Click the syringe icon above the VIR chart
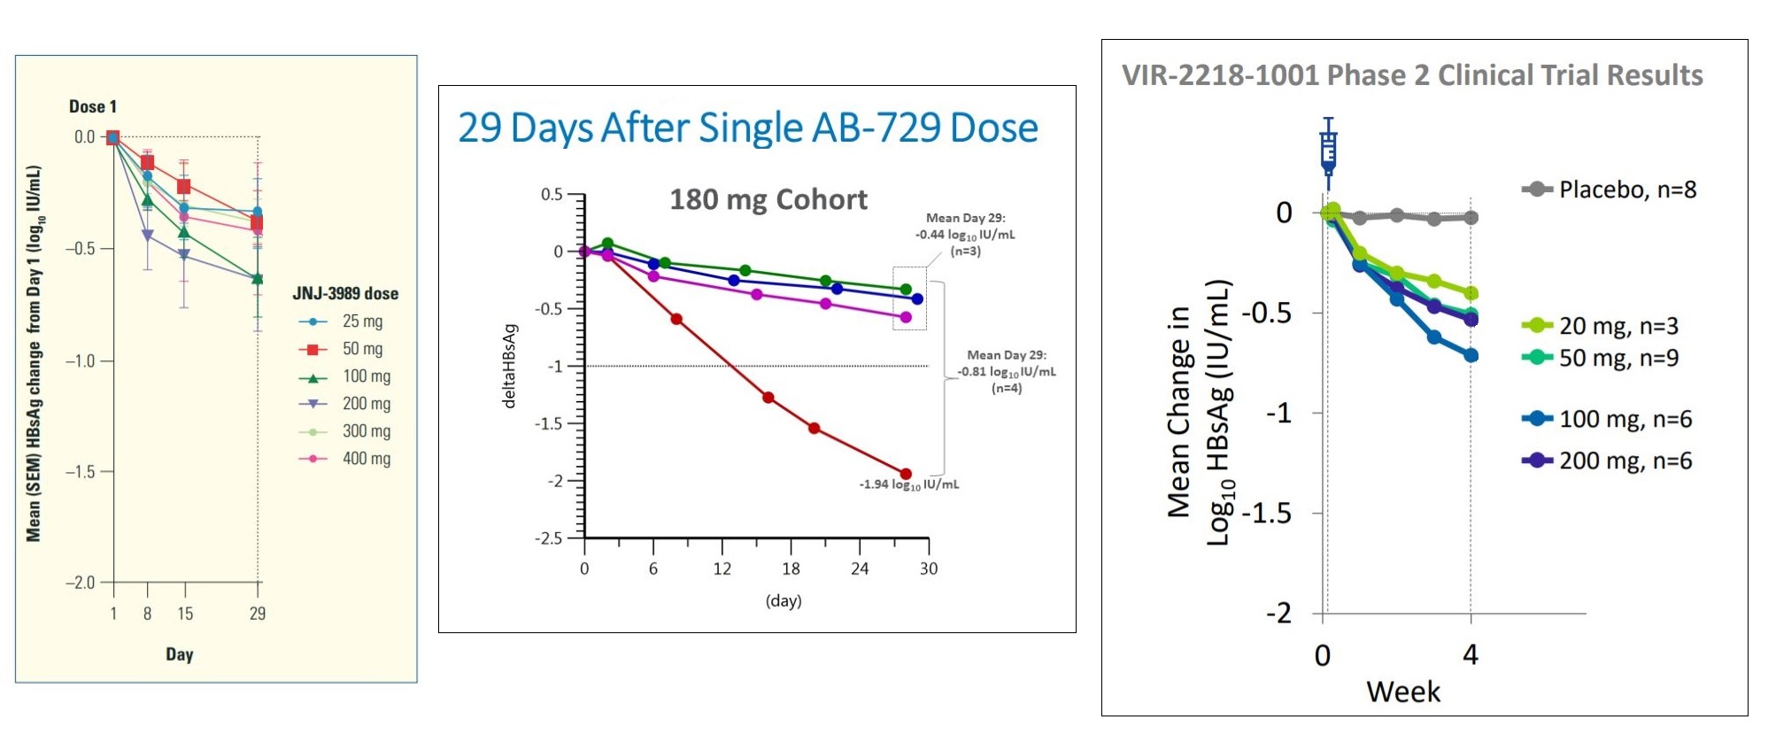click(1328, 151)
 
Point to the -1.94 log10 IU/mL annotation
click(908, 484)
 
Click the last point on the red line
click(906, 474)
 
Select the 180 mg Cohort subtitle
click(768, 199)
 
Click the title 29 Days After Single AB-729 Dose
click(747, 128)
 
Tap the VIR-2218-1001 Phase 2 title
click(1412, 75)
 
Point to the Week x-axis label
click(1402, 692)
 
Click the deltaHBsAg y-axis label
click(509, 365)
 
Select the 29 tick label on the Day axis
click(258, 614)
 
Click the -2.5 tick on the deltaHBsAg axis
click(549, 538)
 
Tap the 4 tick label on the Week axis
click(1471, 655)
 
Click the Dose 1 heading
click(93, 106)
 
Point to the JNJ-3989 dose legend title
click(345, 293)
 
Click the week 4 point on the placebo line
click(1471, 217)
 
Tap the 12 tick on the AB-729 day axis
click(722, 569)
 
